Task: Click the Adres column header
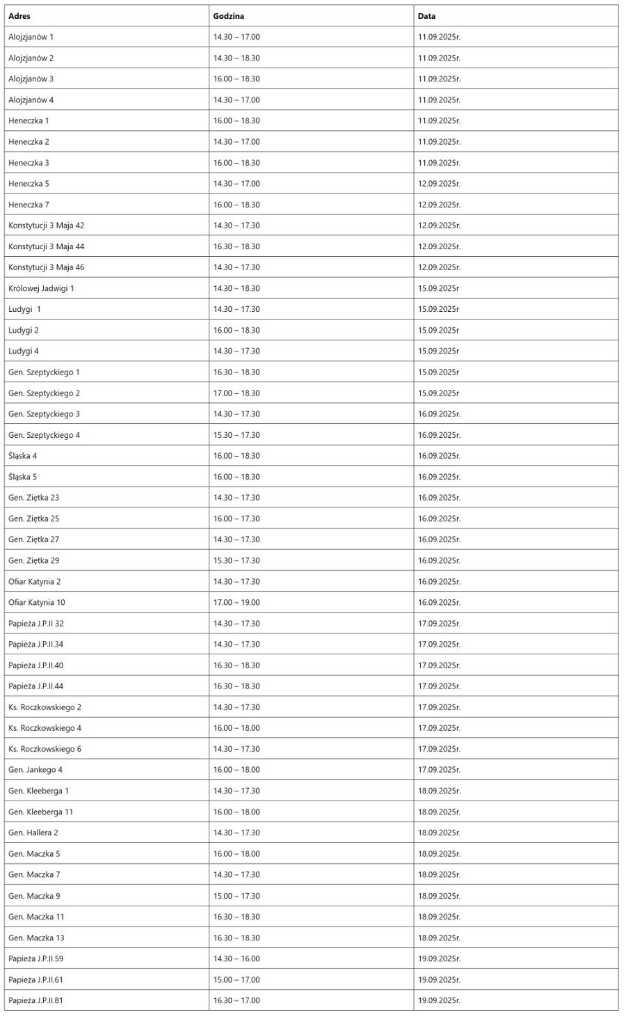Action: (19, 16)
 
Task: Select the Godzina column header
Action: (229, 16)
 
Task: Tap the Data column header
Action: (426, 16)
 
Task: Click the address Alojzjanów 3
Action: (31, 79)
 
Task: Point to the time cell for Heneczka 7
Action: (236, 205)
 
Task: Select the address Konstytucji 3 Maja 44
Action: (46, 246)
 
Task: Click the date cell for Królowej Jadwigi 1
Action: (438, 288)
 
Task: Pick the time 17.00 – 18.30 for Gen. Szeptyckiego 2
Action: (236, 393)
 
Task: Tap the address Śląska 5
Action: (22, 477)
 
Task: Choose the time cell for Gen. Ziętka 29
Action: (236, 560)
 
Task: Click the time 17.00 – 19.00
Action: (236, 602)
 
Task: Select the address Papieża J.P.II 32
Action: (35, 624)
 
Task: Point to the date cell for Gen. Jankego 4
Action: (439, 770)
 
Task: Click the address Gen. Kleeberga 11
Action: (40, 812)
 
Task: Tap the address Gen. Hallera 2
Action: (33, 833)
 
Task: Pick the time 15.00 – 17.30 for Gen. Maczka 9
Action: (236, 896)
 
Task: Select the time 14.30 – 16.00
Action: (236, 959)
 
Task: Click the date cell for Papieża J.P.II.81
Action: (439, 1000)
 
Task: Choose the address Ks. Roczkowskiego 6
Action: (45, 749)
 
